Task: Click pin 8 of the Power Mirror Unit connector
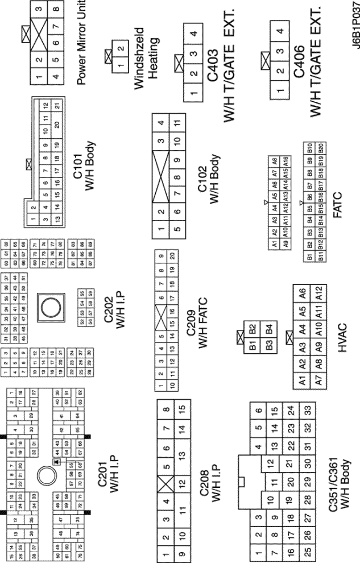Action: (55, 10)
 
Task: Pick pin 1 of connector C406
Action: (279, 90)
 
